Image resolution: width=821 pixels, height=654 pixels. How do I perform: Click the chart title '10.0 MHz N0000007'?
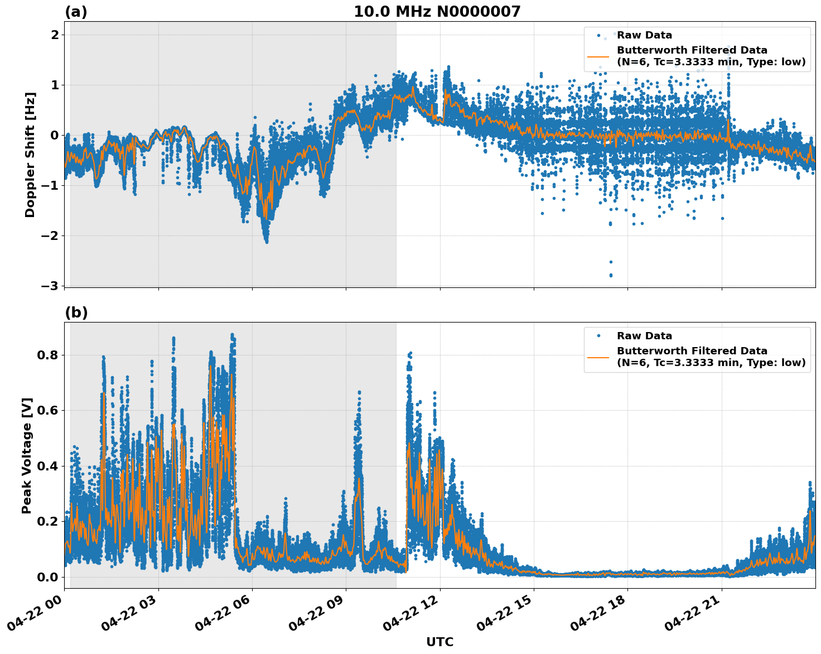437,12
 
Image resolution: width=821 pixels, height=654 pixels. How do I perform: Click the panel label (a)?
76,12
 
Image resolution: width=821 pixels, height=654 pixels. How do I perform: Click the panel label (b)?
76,312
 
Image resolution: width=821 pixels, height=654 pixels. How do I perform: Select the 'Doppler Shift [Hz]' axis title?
30,155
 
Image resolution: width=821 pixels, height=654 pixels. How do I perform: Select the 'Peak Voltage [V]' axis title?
27,455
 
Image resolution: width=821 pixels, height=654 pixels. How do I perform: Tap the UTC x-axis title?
440,642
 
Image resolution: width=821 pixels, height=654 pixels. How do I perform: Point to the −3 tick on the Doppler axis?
50,286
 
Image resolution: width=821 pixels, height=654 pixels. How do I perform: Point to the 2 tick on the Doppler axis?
55,35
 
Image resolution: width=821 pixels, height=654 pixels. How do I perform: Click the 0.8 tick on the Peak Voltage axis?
47,355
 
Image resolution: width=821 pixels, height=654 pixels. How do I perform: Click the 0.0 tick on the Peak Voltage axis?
47,577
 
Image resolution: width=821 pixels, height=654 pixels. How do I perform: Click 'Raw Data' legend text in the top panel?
644,36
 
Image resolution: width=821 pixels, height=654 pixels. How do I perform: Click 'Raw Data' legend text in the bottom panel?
644,336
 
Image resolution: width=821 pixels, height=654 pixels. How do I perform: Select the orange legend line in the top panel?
598,56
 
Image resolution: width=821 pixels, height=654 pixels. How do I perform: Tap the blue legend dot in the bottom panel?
598,336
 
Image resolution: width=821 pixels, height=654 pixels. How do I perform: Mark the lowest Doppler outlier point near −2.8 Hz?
610,275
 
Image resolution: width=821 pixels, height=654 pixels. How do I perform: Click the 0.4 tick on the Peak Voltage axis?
47,466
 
